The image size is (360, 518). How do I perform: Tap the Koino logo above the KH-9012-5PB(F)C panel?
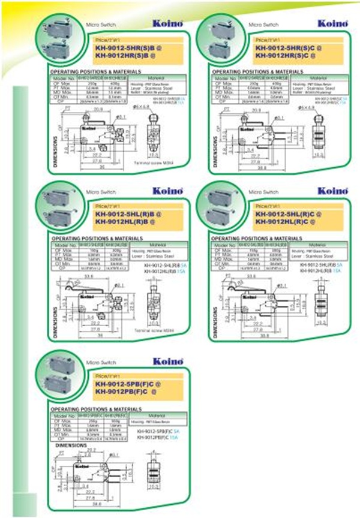[165, 361]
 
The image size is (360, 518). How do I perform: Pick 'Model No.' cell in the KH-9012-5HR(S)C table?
[225, 78]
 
